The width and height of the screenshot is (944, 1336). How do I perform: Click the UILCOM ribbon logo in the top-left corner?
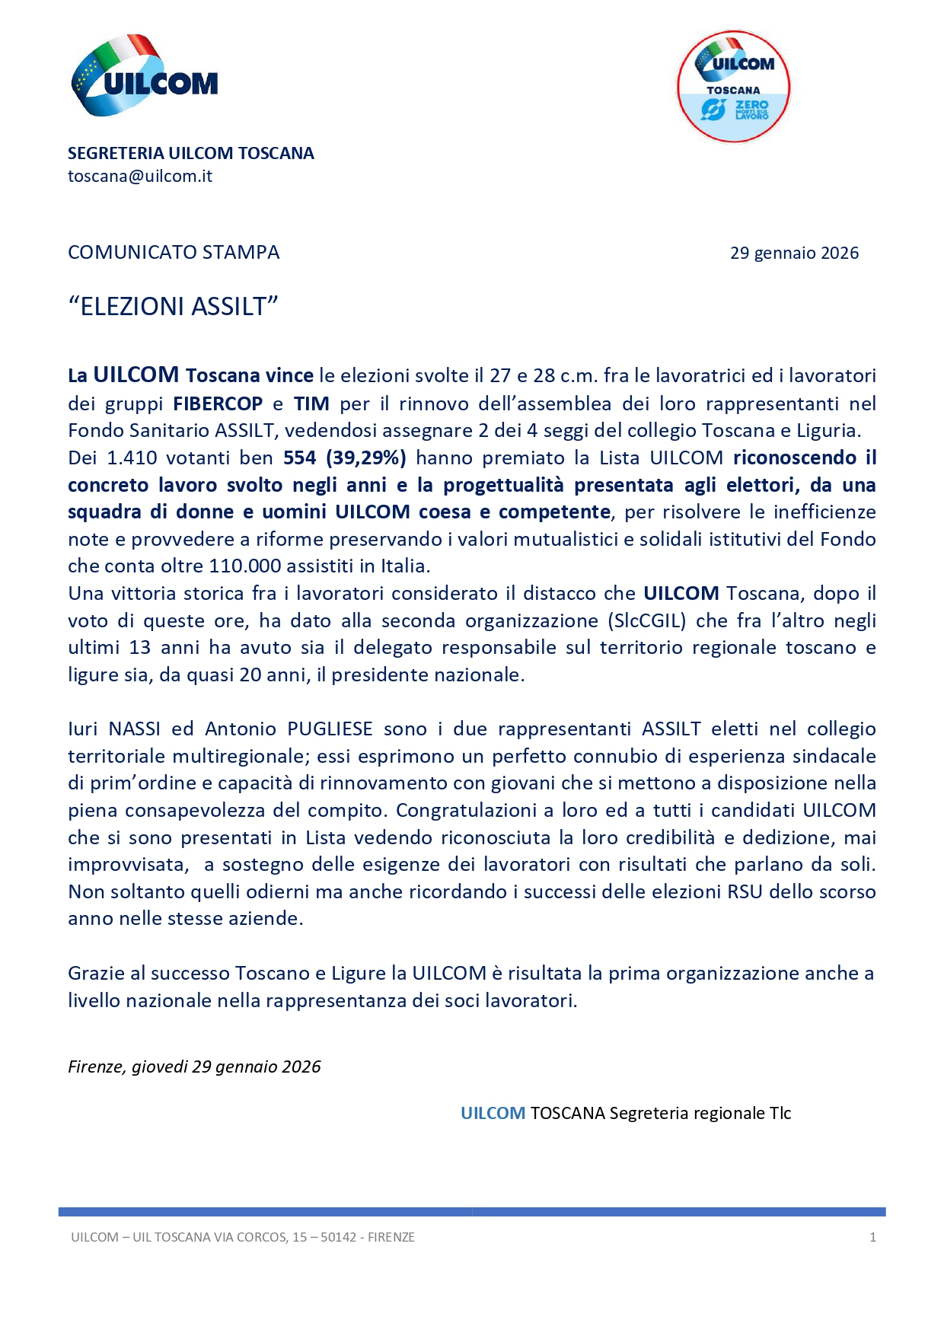[144, 75]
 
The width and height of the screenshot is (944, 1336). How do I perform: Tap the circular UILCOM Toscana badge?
[733, 87]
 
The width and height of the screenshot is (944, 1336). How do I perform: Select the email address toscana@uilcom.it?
[140, 177]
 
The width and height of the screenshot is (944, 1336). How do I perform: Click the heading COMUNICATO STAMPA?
[174, 253]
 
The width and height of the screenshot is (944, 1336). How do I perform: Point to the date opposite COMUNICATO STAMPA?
[794, 253]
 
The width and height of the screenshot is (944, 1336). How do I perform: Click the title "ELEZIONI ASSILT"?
[174, 307]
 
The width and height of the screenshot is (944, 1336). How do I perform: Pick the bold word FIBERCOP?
[218, 403]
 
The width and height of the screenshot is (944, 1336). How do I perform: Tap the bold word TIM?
[311, 403]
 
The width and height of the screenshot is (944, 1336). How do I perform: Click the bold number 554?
[299, 458]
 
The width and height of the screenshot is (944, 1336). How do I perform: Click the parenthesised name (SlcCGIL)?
[647, 621]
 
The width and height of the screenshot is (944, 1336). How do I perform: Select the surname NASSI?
[134, 729]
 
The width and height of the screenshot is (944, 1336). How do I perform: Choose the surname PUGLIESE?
[330, 729]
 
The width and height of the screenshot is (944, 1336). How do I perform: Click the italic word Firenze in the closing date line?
[96, 1067]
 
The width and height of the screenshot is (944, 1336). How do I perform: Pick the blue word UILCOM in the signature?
[493, 1114]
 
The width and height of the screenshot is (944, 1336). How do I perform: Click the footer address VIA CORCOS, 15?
[259, 1238]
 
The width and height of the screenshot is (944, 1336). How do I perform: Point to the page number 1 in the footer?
[872, 1238]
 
